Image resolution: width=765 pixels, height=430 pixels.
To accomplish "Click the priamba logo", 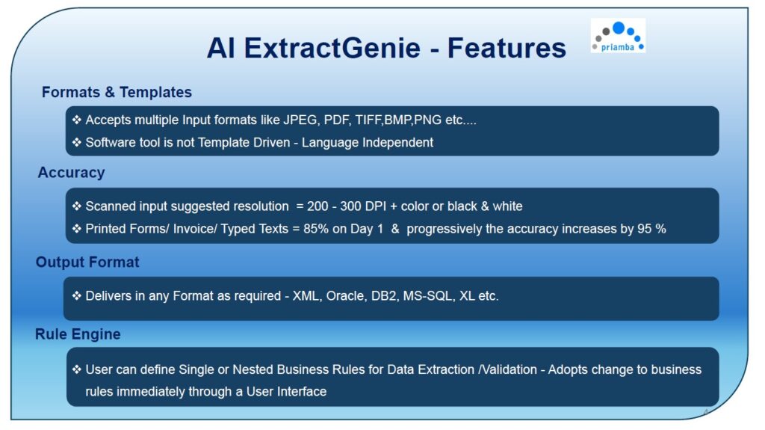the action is point(618,36).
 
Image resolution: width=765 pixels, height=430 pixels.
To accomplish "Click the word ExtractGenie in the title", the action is point(332,48).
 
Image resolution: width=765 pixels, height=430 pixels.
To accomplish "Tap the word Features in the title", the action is point(507,48).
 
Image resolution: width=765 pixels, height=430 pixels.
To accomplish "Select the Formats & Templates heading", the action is point(117,92).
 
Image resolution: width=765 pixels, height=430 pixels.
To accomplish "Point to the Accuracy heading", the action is point(71,173).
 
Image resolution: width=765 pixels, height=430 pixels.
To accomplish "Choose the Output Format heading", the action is point(87,262).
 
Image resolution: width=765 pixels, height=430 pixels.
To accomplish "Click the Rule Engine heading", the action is point(78,334).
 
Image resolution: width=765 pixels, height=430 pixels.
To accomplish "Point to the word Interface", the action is point(302,391).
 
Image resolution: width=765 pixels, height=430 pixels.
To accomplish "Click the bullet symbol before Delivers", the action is point(77,295).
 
